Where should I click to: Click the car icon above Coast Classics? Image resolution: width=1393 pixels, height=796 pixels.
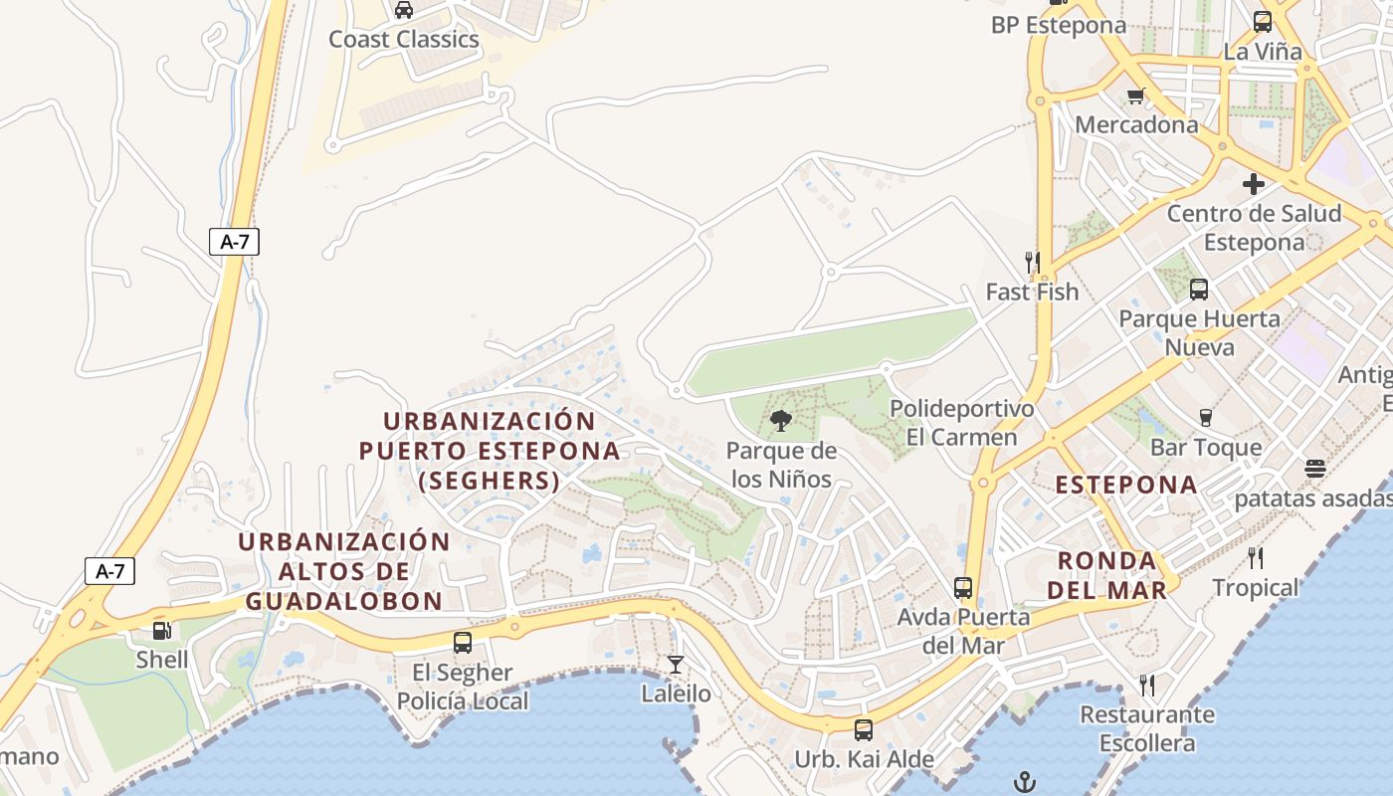point(403,10)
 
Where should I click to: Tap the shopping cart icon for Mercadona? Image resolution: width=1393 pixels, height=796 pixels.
point(1135,97)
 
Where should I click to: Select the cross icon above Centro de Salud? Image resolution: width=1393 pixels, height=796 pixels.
point(1253,184)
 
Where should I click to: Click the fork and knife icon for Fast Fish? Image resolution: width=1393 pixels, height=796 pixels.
point(1032,263)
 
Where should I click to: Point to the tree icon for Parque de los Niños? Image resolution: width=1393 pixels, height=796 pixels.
point(781,421)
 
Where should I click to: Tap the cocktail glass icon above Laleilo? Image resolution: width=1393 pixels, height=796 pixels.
point(676,664)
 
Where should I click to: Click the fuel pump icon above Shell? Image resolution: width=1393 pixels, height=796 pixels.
point(161,630)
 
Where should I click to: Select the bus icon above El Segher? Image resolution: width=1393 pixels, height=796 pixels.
point(463,643)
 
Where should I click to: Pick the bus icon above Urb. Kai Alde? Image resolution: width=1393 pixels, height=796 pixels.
point(864,730)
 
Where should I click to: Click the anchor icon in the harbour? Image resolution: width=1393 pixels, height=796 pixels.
point(1024,782)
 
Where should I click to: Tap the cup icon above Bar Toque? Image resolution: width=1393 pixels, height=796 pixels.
point(1206,418)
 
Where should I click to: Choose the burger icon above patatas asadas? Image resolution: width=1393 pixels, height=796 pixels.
point(1315,469)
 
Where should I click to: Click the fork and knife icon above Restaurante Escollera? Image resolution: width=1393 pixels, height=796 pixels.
point(1147,685)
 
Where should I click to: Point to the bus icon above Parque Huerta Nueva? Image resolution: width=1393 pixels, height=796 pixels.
point(1199,290)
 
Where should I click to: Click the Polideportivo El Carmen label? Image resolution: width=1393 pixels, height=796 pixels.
point(961,423)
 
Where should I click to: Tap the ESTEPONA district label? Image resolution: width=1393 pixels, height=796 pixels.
point(1126,485)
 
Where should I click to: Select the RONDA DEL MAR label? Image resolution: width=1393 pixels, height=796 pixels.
point(1106,575)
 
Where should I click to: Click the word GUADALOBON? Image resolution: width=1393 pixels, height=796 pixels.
point(344,601)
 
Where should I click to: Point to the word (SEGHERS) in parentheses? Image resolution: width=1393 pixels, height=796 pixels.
point(490,482)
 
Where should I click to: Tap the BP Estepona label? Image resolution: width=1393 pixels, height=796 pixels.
point(1059,26)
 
